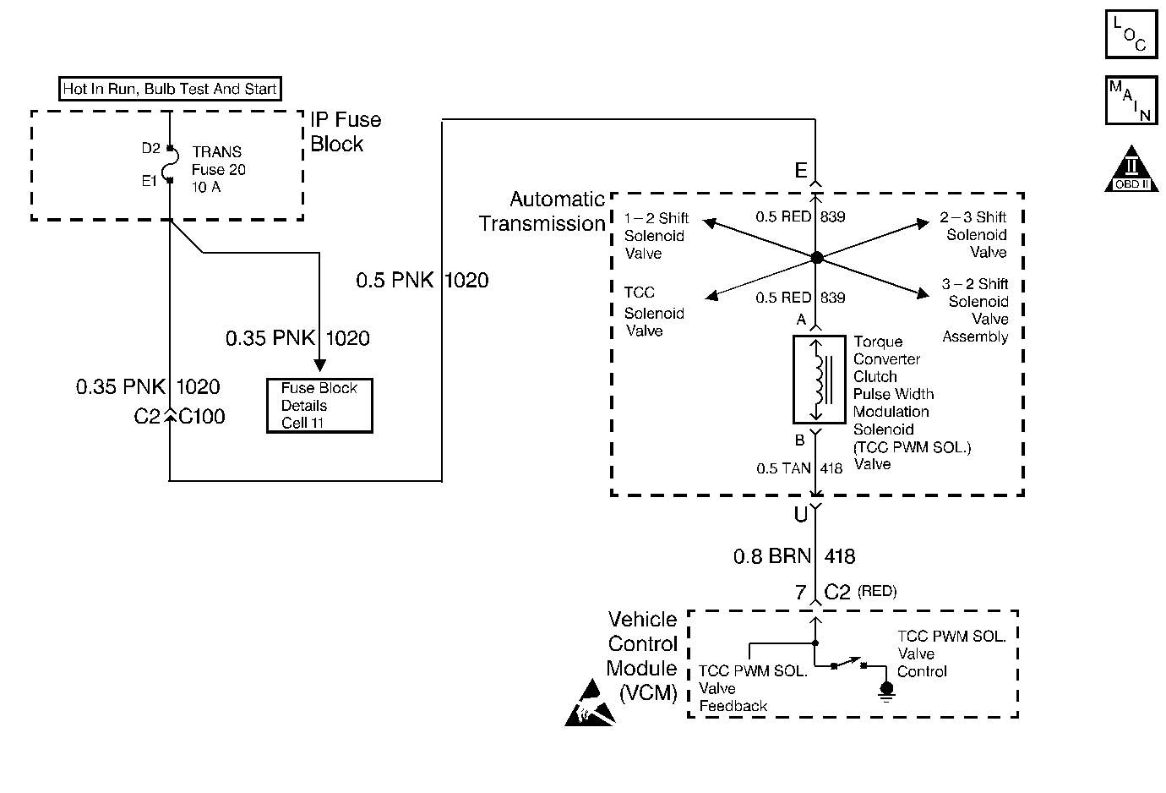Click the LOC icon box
pyautogui.click(x=1131, y=34)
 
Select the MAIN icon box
pyautogui.click(x=1131, y=101)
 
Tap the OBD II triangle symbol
pyautogui.click(x=1131, y=169)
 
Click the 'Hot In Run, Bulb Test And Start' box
pyautogui.click(x=170, y=89)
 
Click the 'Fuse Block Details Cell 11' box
pyautogui.click(x=319, y=406)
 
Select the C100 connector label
pyautogui.click(x=202, y=417)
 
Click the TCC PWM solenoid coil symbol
pyautogui.click(x=819, y=379)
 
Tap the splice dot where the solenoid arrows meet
pyautogui.click(x=817, y=257)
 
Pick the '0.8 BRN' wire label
pyautogui.click(x=772, y=556)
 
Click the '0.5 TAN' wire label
pyautogui.click(x=783, y=468)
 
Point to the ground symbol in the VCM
pyautogui.click(x=886, y=692)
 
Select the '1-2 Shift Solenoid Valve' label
pyautogui.click(x=656, y=236)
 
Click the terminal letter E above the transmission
pyautogui.click(x=801, y=170)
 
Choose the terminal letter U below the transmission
pyautogui.click(x=801, y=514)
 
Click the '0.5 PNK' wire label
pyautogui.click(x=395, y=280)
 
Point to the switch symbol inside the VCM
pyautogui.click(x=848, y=663)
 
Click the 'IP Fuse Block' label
pyautogui.click(x=346, y=132)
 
